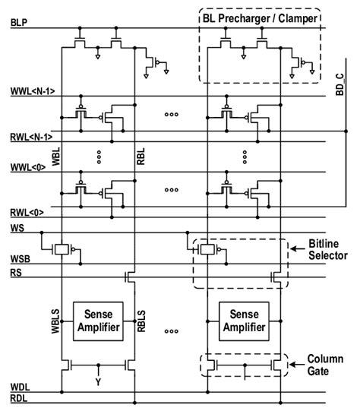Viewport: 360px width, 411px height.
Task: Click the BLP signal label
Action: (21, 24)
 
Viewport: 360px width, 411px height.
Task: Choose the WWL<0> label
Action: (27, 165)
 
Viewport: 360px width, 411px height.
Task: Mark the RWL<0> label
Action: (27, 211)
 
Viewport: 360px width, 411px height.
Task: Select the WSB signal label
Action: (21, 258)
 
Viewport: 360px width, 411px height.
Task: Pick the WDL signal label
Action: (21, 387)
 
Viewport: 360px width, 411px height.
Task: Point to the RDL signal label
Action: (21, 398)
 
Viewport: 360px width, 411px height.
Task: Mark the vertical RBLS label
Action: (142, 322)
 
